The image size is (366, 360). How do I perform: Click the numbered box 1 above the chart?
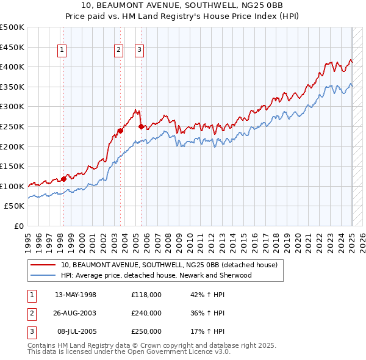point(63,51)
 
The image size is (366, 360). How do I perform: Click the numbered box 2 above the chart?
point(118,51)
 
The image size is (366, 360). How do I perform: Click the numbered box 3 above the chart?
point(139,51)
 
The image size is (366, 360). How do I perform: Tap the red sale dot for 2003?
point(121,130)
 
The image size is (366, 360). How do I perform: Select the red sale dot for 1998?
point(63,179)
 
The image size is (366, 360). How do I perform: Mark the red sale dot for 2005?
point(141,126)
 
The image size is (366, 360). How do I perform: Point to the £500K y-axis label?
point(12,27)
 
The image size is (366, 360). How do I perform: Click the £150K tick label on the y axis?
point(12,166)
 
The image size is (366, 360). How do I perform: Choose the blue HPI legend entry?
point(156,275)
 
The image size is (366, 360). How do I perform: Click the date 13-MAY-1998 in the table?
point(75,295)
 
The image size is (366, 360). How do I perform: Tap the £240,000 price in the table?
point(146,313)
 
